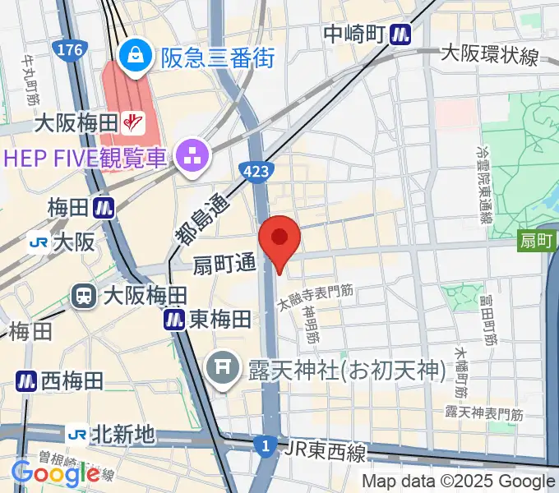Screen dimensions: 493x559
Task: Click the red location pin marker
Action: point(279,239)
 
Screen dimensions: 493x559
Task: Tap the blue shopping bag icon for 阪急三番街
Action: point(132,56)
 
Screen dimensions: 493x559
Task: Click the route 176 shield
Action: point(70,51)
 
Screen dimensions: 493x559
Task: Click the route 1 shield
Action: point(265,447)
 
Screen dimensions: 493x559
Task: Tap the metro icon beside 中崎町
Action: point(401,34)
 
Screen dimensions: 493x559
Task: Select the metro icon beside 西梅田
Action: point(26,380)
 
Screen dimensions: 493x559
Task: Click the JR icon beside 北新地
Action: point(79,434)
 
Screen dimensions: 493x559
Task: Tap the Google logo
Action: point(55,474)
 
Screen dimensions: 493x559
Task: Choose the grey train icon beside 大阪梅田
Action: point(84,296)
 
